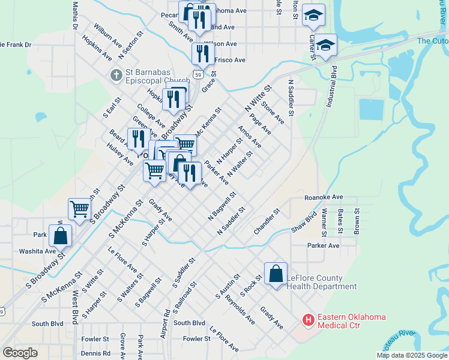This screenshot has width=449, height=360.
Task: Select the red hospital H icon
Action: [309, 320]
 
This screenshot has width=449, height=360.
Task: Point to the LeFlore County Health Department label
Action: [315, 282]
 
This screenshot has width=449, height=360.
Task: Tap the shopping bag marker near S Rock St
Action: [276, 274]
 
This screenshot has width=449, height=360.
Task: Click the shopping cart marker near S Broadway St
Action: [79, 209]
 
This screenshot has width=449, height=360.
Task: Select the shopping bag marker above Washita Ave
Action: [61, 235]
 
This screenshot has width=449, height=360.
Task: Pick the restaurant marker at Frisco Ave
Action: [203, 54]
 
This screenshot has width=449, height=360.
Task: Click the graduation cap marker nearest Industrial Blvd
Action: [325, 45]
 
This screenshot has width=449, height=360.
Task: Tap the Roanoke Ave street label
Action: [323, 197]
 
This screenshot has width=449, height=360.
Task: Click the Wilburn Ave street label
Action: [107, 36]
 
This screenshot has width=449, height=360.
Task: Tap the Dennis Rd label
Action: [95, 353]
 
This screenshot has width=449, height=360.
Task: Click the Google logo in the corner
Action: [20, 353]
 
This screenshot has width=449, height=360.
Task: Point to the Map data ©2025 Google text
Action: [411, 355]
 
